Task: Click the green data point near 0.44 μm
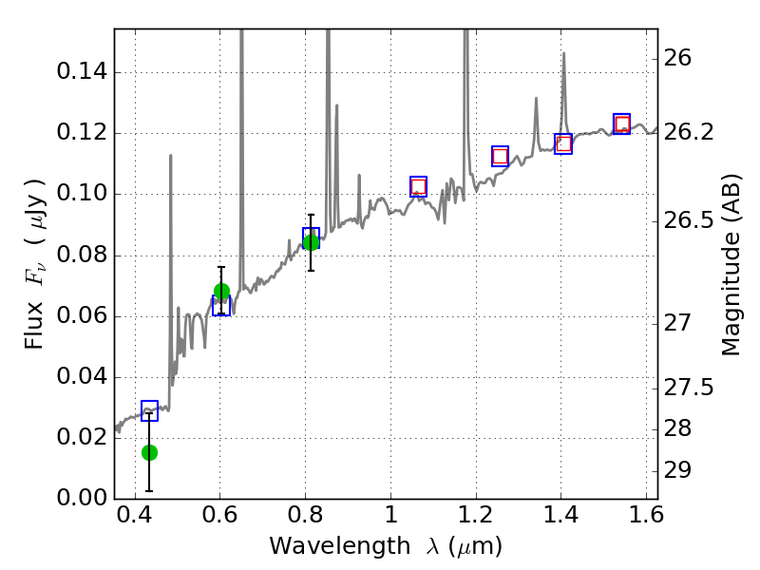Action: [149, 452]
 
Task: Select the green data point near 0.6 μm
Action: [221, 292]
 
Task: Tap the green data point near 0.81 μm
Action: [311, 242]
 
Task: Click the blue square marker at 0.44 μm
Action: [149, 410]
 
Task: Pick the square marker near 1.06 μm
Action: [418, 186]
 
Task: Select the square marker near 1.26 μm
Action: [500, 156]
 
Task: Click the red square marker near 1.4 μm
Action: [563, 144]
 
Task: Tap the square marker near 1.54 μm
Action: [621, 123]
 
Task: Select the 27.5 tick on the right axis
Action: [692, 388]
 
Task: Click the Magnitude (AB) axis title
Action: [731, 263]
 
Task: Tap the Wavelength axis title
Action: [386, 547]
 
